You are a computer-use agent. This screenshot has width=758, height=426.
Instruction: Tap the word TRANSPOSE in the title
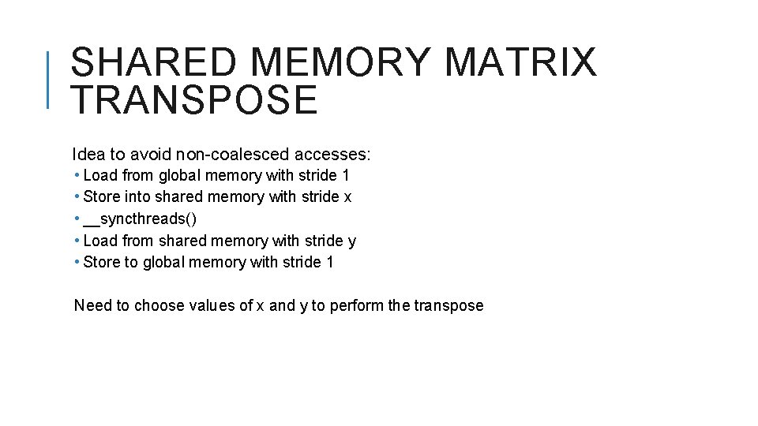pyautogui.click(x=194, y=101)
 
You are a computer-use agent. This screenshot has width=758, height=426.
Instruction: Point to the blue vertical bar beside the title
pyautogui.click(x=48, y=79)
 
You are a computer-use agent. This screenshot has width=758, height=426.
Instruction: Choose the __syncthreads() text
pyautogui.click(x=140, y=219)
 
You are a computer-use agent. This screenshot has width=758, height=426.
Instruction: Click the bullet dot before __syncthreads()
pyautogui.click(x=77, y=219)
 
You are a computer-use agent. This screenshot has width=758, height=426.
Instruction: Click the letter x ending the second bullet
pyautogui.click(x=347, y=197)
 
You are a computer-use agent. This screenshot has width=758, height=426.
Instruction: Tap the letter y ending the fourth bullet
pyautogui.click(x=352, y=241)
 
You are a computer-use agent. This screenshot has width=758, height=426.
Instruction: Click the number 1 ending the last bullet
pyautogui.click(x=329, y=262)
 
